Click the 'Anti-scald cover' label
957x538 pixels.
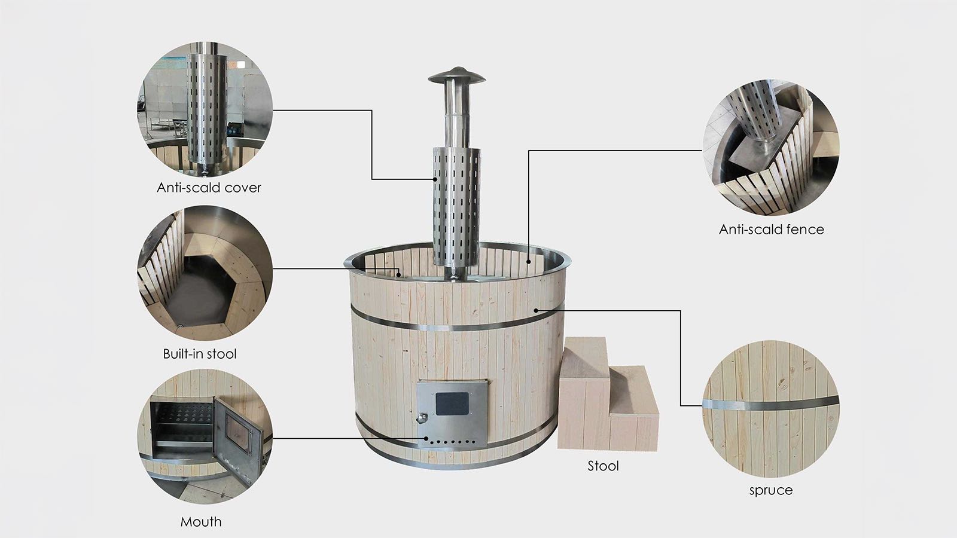[209, 188]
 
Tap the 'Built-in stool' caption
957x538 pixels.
[200, 353]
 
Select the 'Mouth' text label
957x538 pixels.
[201, 521]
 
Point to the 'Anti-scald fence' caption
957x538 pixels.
[771, 230]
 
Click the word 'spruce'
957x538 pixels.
[771, 490]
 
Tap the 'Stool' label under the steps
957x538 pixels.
[603, 466]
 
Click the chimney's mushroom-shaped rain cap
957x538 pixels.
[457, 75]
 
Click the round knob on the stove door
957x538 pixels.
[422, 418]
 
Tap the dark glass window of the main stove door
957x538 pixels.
[452, 403]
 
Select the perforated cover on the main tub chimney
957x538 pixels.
[456, 207]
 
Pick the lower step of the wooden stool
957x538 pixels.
[634, 390]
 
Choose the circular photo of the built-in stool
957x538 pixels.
[205, 273]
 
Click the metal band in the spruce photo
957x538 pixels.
[771, 403]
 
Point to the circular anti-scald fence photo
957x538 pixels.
[771, 147]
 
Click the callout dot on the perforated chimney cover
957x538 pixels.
[435, 179]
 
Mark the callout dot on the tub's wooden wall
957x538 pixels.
[536, 310]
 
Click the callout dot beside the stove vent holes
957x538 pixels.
[426, 438]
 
